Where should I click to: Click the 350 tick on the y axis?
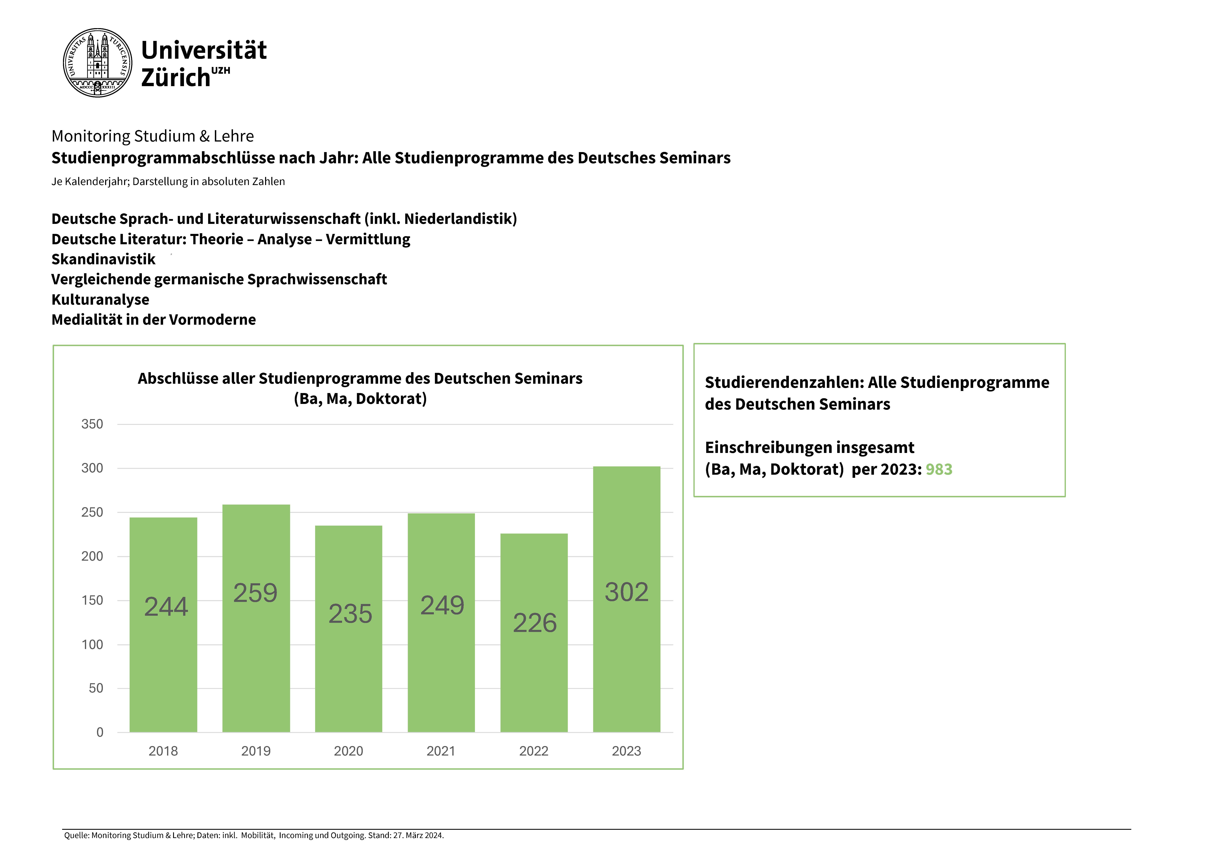coord(92,424)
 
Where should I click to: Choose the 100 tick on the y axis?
coord(92,645)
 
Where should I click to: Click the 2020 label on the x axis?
coord(349,751)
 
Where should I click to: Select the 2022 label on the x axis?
coord(534,751)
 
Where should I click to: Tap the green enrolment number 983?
coord(939,469)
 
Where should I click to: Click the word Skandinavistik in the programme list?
coord(103,259)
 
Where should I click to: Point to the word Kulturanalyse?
coord(100,299)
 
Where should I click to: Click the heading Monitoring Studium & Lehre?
coord(152,136)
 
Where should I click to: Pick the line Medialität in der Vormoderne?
coord(153,320)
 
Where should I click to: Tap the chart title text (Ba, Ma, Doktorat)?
coord(360,399)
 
